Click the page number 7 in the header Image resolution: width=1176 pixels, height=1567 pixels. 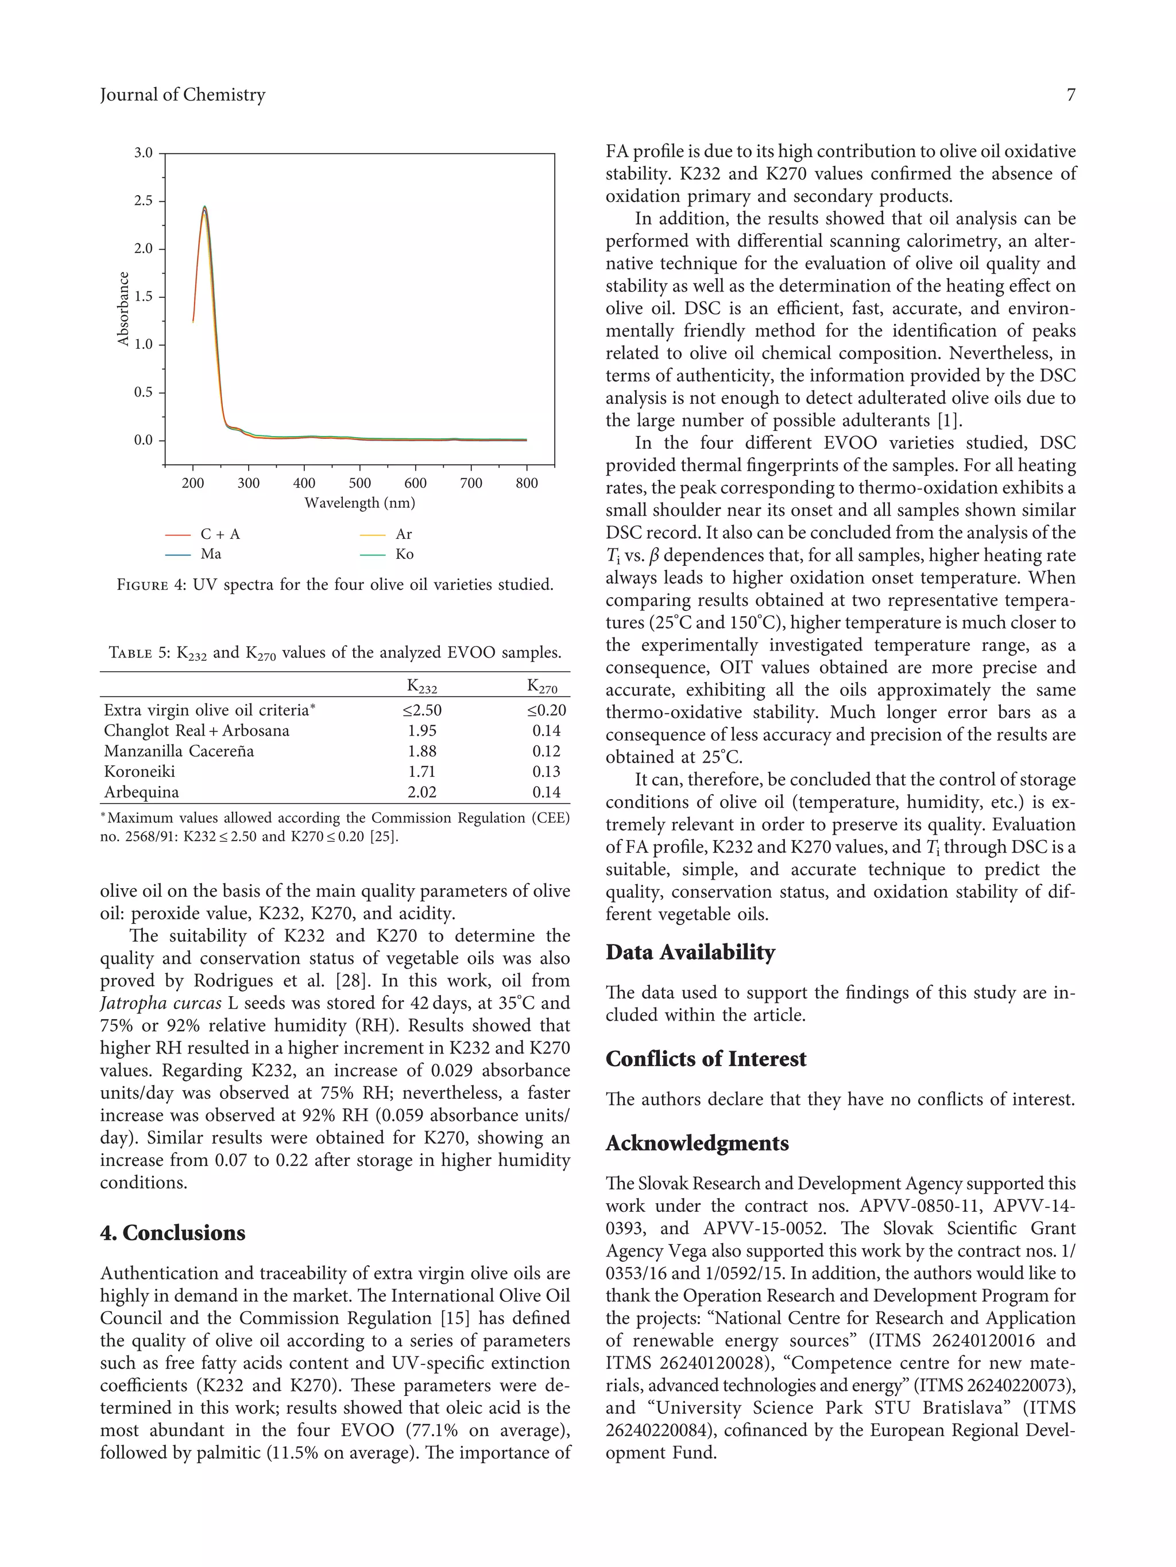click(x=1070, y=95)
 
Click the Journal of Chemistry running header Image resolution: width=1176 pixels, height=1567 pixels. click(x=182, y=95)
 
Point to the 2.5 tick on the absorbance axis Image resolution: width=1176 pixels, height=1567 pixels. click(x=144, y=200)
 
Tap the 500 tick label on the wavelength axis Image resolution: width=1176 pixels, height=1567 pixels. click(x=359, y=483)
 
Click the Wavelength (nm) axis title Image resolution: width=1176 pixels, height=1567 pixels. click(x=359, y=503)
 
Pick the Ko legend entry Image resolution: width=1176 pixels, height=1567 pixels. click(x=404, y=554)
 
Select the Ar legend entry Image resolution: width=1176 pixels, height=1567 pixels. click(x=403, y=534)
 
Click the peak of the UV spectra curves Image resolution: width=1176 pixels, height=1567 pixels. click(x=204, y=208)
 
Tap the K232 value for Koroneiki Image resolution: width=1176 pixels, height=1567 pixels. click(x=422, y=772)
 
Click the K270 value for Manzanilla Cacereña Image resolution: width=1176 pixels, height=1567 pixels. click(x=546, y=751)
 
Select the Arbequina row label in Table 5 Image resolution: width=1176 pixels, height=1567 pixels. click(x=141, y=792)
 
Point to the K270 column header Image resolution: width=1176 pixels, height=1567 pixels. click(x=542, y=686)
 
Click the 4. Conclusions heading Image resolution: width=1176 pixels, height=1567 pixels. click(x=172, y=1232)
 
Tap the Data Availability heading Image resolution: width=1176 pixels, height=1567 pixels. click(x=689, y=952)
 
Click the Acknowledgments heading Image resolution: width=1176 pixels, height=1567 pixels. click(x=696, y=1144)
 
